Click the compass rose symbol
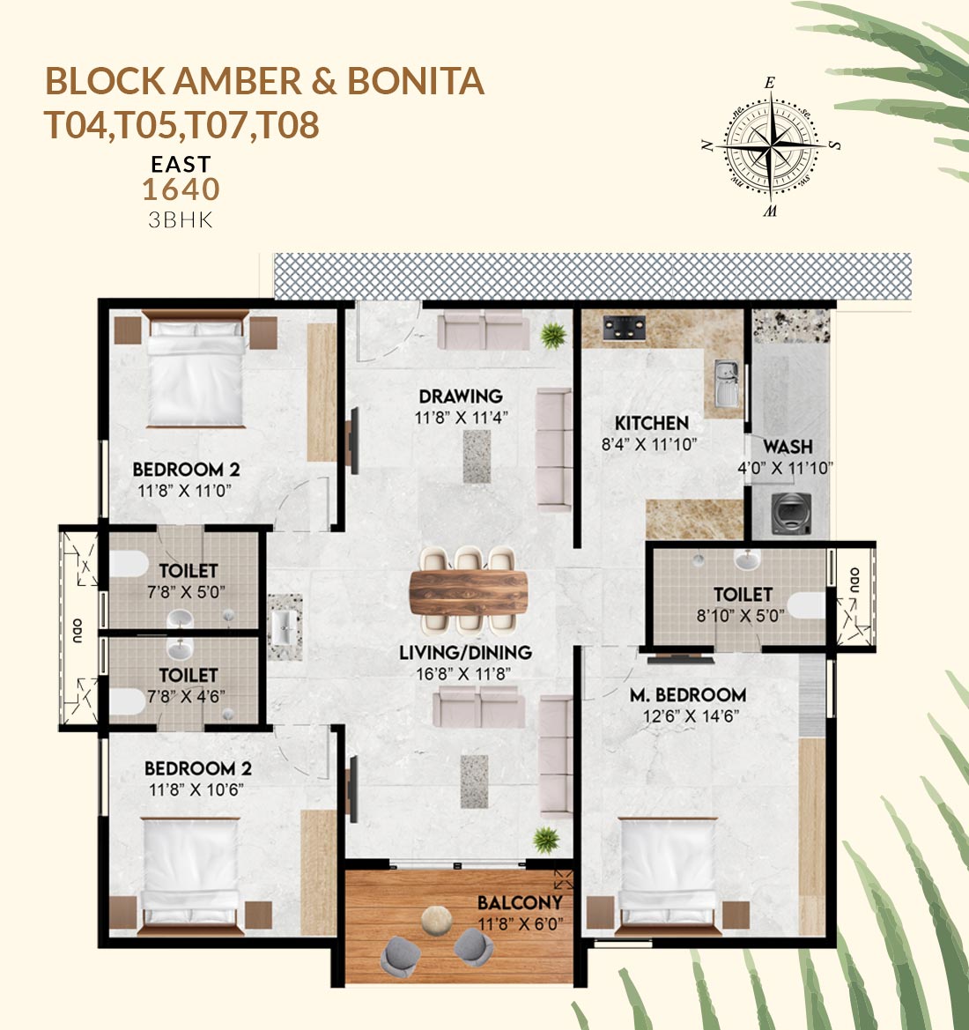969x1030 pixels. pos(771,146)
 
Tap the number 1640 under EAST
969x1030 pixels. pos(181,189)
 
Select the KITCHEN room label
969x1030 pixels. pos(652,423)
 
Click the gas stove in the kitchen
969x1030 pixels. pos(624,328)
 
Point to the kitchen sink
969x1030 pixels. pos(726,383)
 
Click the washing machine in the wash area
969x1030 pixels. pos(791,513)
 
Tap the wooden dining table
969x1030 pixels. pos(469,592)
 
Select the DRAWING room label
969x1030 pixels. pos(461,396)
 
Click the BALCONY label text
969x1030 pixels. pos(520,902)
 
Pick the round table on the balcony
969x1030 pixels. pos(436,920)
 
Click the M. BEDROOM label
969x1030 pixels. pos(688,694)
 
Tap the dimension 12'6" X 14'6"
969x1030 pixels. pos(692,716)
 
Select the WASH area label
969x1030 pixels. pos(788,447)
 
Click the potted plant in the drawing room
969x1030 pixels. pos(553,336)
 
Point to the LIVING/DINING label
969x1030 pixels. pos(465,652)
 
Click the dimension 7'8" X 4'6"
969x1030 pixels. pos(186,696)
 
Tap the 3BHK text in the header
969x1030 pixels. pos(181,219)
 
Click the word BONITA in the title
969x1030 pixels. pos(415,81)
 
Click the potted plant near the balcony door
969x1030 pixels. pos(546,841)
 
